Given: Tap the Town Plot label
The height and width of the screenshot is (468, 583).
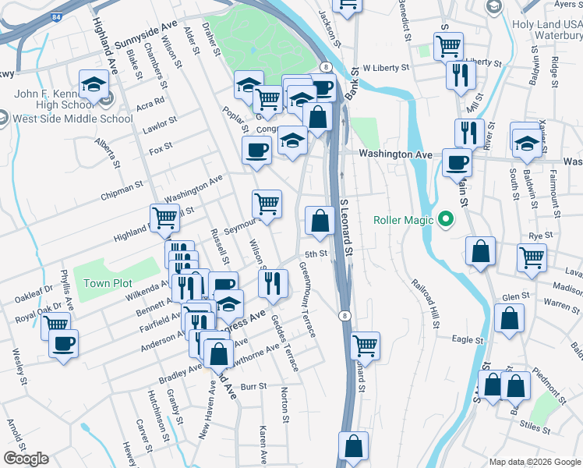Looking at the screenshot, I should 108,284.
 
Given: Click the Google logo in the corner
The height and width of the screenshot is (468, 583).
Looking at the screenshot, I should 26,459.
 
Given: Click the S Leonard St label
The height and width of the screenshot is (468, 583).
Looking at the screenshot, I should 348,227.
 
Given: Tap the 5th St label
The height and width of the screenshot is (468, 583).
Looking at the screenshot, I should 315,254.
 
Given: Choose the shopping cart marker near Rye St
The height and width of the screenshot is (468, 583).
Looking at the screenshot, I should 532,257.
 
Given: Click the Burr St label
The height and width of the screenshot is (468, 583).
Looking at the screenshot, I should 253,386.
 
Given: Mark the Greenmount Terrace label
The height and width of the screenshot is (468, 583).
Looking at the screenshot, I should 307,300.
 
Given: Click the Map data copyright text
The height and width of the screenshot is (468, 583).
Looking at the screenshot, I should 532,462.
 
